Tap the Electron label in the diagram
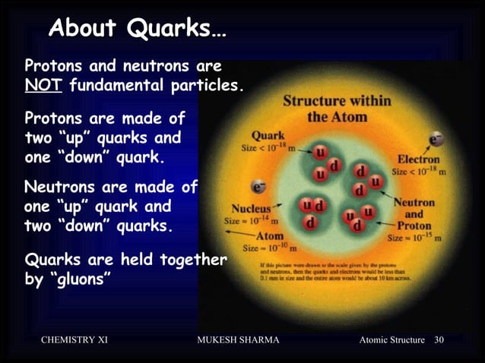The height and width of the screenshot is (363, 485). (417, 160)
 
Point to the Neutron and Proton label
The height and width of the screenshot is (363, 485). (414, 213)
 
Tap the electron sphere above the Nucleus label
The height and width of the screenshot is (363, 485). (260, 186)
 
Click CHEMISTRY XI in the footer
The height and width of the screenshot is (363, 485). (74, 339)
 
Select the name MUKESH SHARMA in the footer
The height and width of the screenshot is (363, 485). (238, 339)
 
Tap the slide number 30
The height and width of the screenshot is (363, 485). (439, 339)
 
